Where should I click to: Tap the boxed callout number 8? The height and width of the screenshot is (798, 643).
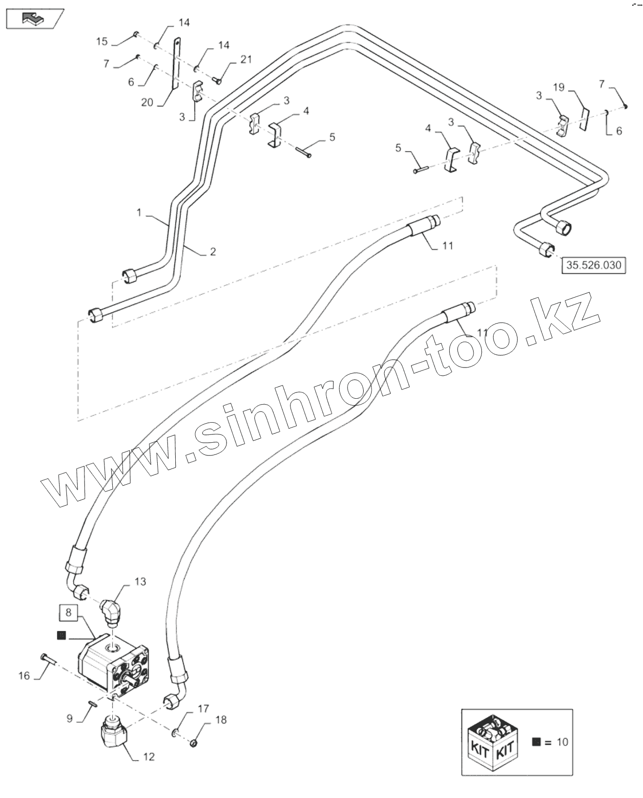pos(68,612)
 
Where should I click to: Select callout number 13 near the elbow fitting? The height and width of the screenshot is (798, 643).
pos(140,582)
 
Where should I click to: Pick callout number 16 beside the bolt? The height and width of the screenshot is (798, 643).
pos(24,676)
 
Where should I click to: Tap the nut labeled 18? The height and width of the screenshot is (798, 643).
pos(193,743)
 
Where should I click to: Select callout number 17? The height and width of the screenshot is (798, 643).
pos(203,708)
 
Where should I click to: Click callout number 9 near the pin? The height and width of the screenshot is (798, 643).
pos(69,718)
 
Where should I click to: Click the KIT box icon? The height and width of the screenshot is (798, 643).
pos(494,742)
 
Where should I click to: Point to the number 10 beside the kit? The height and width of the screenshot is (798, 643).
pos(562,742)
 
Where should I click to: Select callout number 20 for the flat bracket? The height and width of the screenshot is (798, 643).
pos(147,102)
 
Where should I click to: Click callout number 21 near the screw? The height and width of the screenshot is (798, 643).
pos(246,59)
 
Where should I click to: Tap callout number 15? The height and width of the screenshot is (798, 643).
pos(102,41)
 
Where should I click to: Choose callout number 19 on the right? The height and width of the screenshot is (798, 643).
pos(559,87)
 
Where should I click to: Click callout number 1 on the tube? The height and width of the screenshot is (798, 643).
pos(139,212)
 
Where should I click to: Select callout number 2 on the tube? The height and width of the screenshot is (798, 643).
pos(212,252)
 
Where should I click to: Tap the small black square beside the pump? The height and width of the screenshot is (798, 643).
pos(61,635)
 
